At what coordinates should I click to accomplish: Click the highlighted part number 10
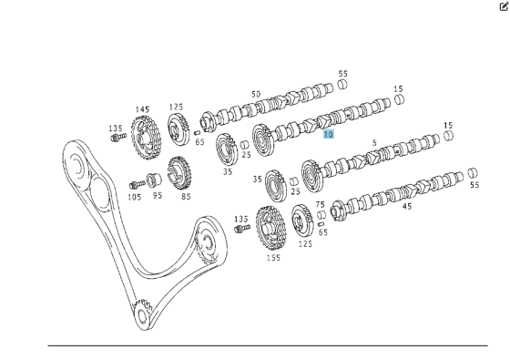329,134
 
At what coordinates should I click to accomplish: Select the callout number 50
256,94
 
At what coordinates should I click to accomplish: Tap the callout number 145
143,110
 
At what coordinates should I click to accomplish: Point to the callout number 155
274,258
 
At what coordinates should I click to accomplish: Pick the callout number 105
134,196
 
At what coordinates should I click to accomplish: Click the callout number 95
157,196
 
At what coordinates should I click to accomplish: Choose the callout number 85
186,196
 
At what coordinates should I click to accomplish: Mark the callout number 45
407,206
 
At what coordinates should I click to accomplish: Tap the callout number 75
320,205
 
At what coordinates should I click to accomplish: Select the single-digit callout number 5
374,143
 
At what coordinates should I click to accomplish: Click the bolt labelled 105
135,180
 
